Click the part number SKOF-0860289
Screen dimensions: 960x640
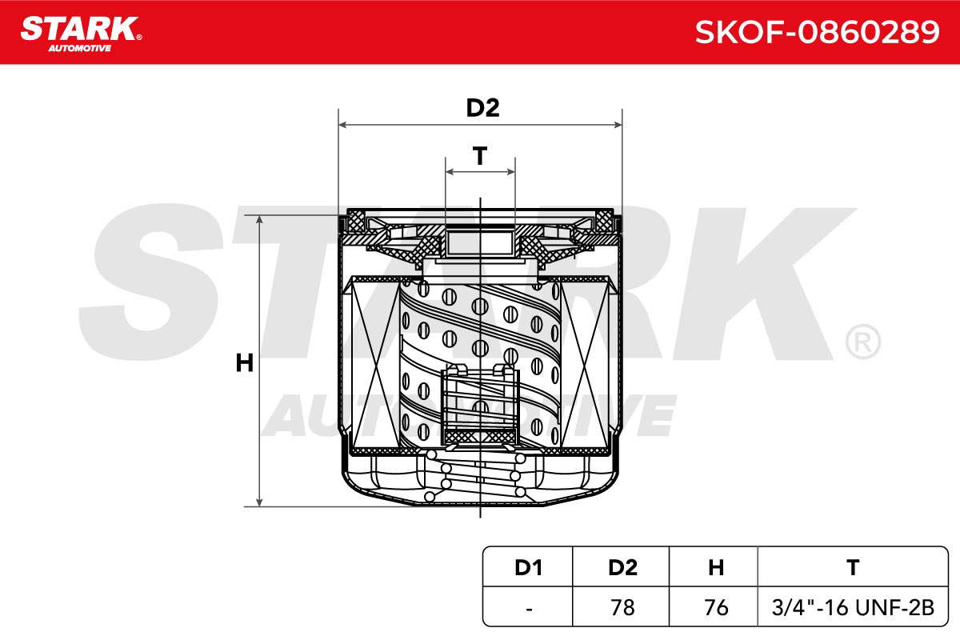pyautogui.click(x=817, y=32)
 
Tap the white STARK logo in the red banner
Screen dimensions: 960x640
pyautogui.click(x=81, y=34)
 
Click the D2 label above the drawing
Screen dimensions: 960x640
pyautogui.click(x=482, y=107)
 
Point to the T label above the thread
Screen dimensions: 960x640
pyautogui.click(x=480, y=156)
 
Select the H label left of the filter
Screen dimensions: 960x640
pyautogui.click(x=244, y=363)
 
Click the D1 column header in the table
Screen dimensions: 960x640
pyautogui.click(x=529, y=567)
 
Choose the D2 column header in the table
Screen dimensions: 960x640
pyautogui.click(x=622, y=567)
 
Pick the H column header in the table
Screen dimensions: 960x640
pyautogui.click(x=716, y=567)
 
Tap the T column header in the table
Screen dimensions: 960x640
pyautogui.click(x=853, y=567)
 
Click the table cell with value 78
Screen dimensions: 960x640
pyautogui.click(x=622, y=607)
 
